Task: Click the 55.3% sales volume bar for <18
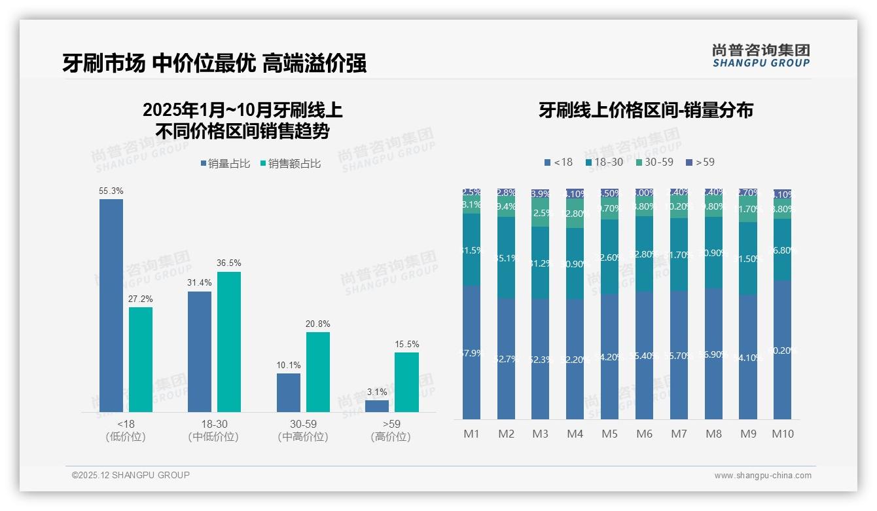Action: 111,305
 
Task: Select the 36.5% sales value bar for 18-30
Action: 229,341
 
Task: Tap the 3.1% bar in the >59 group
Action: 377,406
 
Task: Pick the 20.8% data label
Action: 318,324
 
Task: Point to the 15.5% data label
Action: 406,344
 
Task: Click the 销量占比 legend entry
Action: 225,164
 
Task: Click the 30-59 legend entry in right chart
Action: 654,162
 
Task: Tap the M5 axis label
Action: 609,434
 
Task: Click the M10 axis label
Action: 783,434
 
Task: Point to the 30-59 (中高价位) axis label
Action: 303,430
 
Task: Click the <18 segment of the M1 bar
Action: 471,352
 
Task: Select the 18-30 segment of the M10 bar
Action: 783,250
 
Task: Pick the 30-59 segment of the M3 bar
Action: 541,214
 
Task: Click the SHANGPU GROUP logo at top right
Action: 761,56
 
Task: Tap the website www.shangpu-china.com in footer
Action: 762,476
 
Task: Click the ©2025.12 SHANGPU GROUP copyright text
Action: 131,475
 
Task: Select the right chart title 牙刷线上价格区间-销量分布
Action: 645,110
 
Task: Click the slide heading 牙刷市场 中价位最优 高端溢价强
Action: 214,63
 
